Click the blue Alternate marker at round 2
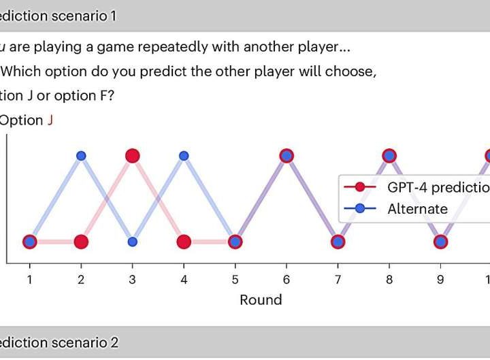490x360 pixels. [x=81, y=156]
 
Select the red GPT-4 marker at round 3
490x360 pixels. [x=133, y=156]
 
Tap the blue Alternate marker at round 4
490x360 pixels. [x=184, y=156]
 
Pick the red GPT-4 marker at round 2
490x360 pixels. [x=81, y=242]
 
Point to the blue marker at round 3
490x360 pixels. [x=133, y=242]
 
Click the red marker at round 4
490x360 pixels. [x=184, y=242]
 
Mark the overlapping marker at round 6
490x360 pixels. [x=287, y=156]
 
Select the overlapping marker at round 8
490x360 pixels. [x=389, y=156]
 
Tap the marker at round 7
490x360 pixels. [x=338, y=242]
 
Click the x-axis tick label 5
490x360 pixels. [x=235, y=279]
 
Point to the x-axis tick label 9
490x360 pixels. [x=440, y=279]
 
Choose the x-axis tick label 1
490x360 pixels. [x=29, y=279]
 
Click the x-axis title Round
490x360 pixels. [x=261, y=299]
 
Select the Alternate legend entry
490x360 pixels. [x=417, y=209]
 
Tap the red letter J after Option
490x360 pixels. [x=50, y=120]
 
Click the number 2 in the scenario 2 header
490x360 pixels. [x=114, y=342]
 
